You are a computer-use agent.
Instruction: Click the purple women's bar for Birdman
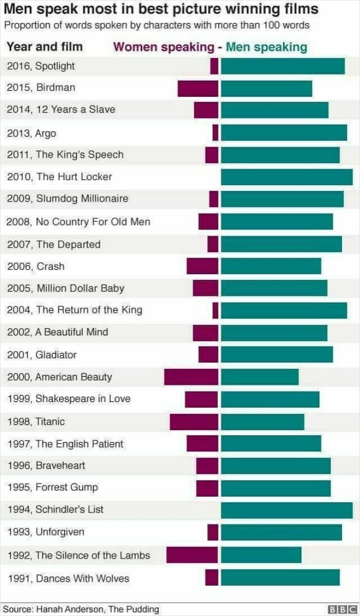click(198, 89)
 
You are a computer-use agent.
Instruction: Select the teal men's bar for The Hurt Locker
click(287, 177)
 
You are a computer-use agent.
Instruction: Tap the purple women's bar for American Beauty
click(191, 377)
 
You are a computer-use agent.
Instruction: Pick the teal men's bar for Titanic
click(262, 421)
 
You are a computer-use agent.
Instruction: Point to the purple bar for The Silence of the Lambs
click(192, 555)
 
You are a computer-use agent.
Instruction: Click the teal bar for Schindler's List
click(287, 510)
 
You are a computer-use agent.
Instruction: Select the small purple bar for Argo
click(215, 133)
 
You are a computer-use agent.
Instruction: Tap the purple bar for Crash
click(203, 266)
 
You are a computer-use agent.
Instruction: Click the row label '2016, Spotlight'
click(41, 66)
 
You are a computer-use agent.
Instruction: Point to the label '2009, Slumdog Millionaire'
click(67, 199)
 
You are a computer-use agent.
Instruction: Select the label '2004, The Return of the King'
click(75, 310)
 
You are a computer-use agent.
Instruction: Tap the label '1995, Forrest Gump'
click(52, 487)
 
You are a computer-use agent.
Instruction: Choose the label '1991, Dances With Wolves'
click(68, 578)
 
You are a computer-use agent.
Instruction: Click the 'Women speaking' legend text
click(164, 47)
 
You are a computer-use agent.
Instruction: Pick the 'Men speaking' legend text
click(266, 47)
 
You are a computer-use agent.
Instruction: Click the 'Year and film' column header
click(45, 47)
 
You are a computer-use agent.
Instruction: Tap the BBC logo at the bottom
click(341, 609)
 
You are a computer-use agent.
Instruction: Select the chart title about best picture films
click(161, 9)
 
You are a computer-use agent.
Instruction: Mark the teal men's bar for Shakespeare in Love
click(270, 399)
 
